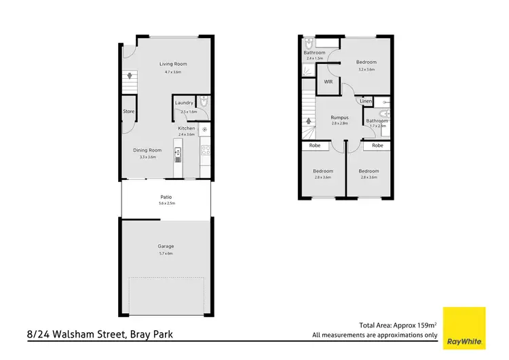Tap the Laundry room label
tap(184, 103)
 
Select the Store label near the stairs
tap(128, 111)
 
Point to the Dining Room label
tap(147, 150)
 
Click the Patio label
tap(166, 197)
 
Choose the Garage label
tap(166, 246)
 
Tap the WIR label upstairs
tap(328, 82)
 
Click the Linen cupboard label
tap(366, 101)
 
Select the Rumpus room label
tap(340, 117)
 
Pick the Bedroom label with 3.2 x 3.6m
tap(366, 62)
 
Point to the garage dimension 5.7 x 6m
tap(166, 253)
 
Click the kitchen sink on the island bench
tap(178, 155)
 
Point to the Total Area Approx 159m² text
tap(397, 325)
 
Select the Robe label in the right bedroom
tap(377, 145)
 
